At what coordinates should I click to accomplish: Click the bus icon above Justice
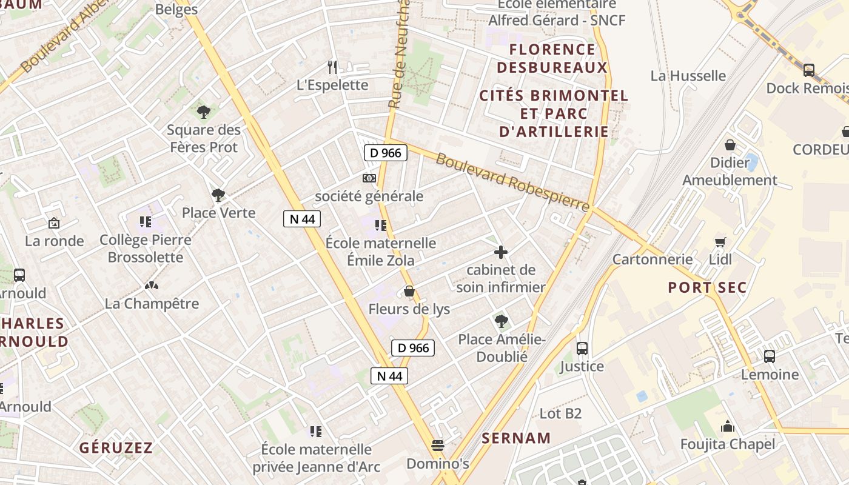[x=582, y=348]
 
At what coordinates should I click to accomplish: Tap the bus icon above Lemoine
[x=770, y=356]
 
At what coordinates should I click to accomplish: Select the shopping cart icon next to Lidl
[x=720, y=242]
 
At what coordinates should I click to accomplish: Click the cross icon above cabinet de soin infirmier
[x=501, y=252]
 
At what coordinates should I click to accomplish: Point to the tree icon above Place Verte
[x=218, y=195]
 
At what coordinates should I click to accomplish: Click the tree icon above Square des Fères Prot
[x=204, y=112]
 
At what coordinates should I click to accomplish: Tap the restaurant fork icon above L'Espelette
[x=332, y=67]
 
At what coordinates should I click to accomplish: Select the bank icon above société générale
[x=369, y=178]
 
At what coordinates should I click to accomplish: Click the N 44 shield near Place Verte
[x=302, y=219]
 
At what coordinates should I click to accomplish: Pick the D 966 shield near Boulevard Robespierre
[x=385, y=153]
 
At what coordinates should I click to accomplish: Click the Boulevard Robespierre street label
[x=512, y=182]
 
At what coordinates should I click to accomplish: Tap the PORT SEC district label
[x=707, y=287]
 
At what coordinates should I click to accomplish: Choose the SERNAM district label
[x=516, y=438]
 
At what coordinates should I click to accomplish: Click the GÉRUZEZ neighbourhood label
[x=116, y=448]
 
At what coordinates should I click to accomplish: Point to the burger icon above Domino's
[x=438, y=446]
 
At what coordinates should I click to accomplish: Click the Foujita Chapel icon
[x=728, y=426]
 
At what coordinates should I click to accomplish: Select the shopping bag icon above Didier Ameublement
[x=730, y=145]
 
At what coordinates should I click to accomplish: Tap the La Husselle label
[x=688, y=76]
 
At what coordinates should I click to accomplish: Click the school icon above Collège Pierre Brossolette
[x=145, y=222]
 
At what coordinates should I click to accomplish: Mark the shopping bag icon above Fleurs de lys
[x=409, y=292]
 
